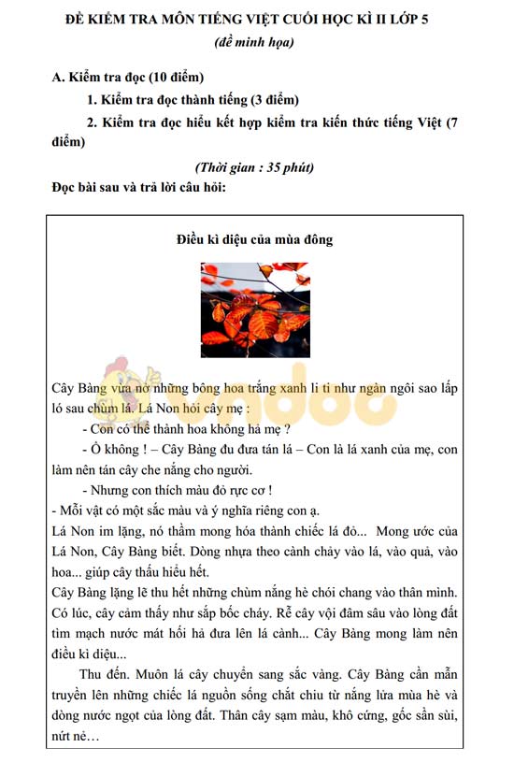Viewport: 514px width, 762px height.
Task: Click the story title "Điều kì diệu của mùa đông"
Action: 254,240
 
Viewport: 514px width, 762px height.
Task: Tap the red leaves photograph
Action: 254,309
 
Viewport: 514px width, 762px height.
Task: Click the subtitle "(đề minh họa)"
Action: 254,41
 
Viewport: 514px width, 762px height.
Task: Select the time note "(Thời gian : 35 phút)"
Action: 254,167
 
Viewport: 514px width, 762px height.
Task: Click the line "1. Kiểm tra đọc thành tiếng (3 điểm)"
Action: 193,100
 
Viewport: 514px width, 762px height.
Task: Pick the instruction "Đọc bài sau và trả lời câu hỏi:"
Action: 139,186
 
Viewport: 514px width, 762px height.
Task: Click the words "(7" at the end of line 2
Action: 450,122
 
